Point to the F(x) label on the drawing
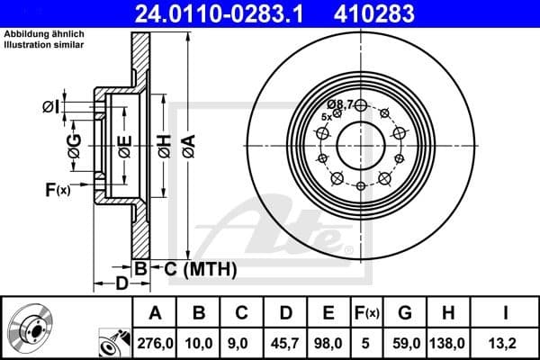tap(57, 189)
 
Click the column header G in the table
tap(405, 312)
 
